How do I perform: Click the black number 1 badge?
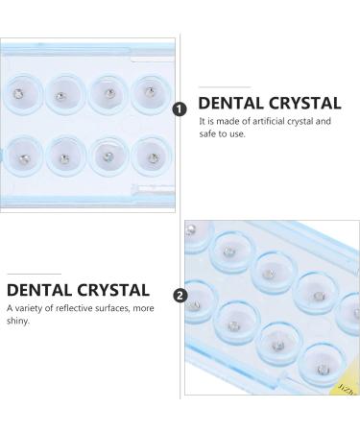tap(179, 108)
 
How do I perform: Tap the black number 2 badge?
tap(179, 296)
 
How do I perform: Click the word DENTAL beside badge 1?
tap(228, 104)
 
